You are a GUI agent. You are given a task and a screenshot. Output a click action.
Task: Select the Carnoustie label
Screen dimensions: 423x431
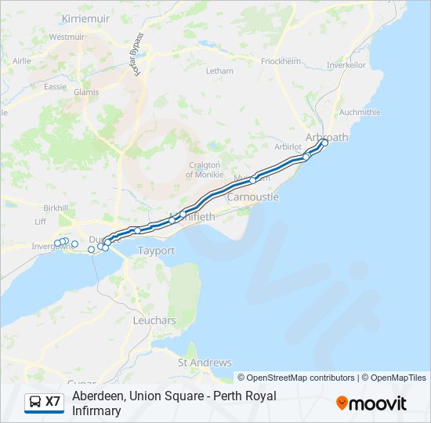[252, 197]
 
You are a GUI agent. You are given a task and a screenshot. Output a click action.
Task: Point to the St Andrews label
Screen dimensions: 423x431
[205, 363]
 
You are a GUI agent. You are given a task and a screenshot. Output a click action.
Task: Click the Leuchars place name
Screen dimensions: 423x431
[154, 321]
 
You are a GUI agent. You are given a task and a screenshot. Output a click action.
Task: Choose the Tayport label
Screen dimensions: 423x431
[156, 251]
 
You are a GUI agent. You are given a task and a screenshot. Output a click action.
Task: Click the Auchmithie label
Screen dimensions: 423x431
[360, 112]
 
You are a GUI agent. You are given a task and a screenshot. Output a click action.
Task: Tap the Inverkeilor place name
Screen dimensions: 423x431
[347, 65]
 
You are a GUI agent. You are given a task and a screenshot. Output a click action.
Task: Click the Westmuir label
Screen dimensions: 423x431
[67, 37]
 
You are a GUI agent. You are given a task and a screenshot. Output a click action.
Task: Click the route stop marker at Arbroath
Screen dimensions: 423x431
[324, 143]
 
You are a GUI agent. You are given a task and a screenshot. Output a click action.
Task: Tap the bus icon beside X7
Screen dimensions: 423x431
[35, 402]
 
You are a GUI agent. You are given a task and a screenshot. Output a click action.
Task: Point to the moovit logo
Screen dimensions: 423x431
[371, 403]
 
